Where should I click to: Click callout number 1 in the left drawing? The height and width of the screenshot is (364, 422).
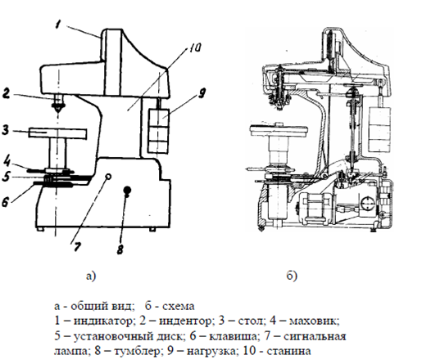[x=57, y=25]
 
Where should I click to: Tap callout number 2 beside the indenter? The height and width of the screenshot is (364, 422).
[x=6, y=93]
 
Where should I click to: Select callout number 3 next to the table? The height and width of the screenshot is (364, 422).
[x=5, y=130]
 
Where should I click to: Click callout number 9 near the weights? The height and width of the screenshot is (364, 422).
[x=202, y=93]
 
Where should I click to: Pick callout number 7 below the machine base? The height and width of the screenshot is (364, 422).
[x=77, y=246]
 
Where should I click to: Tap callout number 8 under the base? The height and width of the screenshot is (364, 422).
[x=120, y=249]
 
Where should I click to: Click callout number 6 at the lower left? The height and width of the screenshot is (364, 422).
[x=6, y=202]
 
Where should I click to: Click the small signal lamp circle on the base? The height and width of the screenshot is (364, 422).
[x=108, y=177]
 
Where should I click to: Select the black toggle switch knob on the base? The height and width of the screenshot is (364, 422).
[x=127, y=190]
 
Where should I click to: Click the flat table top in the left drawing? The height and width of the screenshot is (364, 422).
[x=58, y=133]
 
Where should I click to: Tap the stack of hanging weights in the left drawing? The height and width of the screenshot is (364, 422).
[x=158, y=131]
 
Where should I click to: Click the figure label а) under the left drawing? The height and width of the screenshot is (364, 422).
[x=91, y=276]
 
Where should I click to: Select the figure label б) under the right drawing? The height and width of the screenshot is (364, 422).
[x=292, y=276]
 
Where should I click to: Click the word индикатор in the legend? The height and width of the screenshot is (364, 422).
[x=105, y=321]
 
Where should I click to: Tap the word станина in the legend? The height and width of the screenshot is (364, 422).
[x=288, y=351]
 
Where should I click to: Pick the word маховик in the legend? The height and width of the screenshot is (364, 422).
[x=314, y=321]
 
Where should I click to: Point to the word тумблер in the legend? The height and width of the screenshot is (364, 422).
[x=137, y=351]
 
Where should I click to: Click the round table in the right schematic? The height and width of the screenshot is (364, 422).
[x=279, y=131]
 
